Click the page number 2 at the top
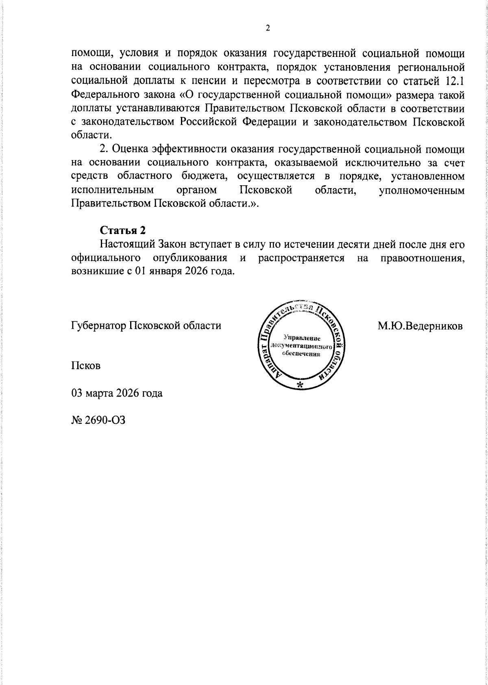coord(268,28)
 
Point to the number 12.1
coord(452,81)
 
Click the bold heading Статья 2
coord(122,230)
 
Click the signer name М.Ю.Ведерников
coord(420,325)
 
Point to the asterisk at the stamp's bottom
coord(300,385)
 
